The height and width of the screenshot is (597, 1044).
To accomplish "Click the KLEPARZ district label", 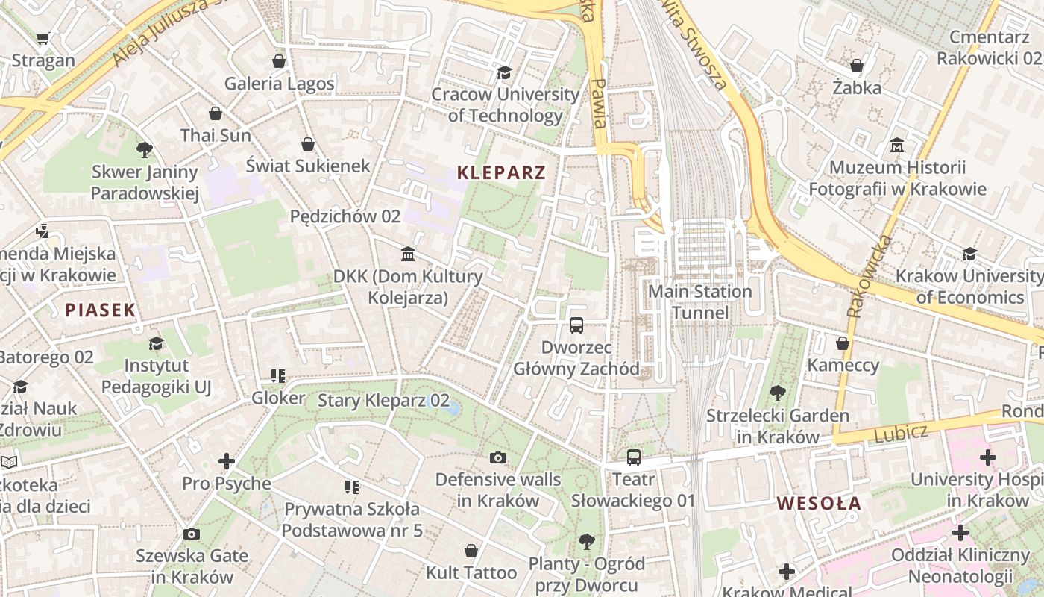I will click(501, 173).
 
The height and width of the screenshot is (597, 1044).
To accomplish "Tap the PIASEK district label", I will click(100, 310).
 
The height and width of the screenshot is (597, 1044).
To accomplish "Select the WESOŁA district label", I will click(819, 504).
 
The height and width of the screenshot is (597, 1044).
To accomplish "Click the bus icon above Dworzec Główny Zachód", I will click(576, 325).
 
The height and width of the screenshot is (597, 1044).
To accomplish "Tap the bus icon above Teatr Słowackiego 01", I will click(633, 457).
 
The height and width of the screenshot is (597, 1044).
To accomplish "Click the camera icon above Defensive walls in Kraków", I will click(497, 457).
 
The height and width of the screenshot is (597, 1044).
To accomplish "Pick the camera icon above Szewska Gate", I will click(192, 534).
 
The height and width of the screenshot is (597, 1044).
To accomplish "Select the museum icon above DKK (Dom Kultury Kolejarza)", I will click(408, 254).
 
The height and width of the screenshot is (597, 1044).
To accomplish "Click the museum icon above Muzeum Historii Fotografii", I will click(897, 145).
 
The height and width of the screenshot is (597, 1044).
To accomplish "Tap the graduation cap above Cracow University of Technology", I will click(505, 72).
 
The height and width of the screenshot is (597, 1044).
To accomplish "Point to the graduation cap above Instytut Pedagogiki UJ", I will click(156, 343).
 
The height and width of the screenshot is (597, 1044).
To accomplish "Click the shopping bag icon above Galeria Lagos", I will click(279, 61).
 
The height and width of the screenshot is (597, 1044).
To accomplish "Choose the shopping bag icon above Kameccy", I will click(843, 343).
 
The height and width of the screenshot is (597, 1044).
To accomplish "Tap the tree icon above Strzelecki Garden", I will click(777, 393).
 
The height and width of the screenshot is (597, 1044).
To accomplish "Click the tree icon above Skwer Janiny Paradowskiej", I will click(145, 149).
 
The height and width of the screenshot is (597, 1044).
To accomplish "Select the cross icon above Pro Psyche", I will click(227, 461).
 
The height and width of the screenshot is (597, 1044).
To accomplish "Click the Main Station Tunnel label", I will click(699, 301).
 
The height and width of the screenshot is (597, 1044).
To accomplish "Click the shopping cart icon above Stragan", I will click(43, 38).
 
